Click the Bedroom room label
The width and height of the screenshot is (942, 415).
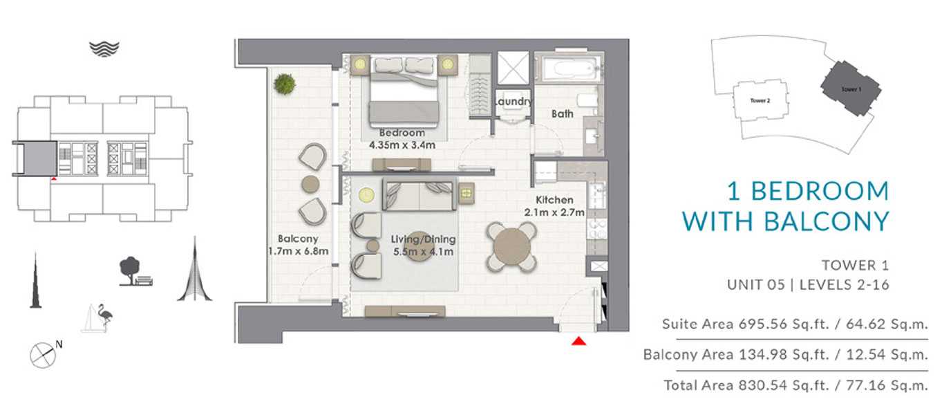[402, 133]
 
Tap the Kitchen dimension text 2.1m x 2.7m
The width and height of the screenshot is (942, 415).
[554, 212]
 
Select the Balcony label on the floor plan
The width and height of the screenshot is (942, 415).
[298, 239]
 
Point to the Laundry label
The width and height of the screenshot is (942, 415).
[513, 102]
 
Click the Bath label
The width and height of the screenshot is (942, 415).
[563, 113]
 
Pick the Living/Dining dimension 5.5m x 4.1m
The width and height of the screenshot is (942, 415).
[424, 252]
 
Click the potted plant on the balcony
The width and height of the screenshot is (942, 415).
[285, 83]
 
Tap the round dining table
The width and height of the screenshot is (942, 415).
[512, 247]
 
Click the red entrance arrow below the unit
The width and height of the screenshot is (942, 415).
[578, 341]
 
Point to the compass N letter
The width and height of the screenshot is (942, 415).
[59, 344]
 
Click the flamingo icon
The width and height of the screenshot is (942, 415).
[104, 317]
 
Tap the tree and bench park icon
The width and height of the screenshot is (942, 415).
[135, 271]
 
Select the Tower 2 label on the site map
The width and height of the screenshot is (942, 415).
[760, 100]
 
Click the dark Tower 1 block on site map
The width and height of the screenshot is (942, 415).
[851, 89]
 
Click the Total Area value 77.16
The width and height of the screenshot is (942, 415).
[865, 385]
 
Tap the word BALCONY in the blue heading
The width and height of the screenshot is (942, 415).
[827, 221]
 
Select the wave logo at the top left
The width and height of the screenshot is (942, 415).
[104, 49]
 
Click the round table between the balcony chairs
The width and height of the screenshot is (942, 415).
[310, 185]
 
